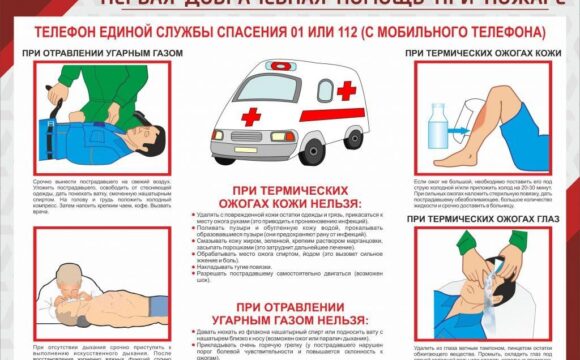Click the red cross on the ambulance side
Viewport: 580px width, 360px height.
pyautogui.click(x=345, y=92)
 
